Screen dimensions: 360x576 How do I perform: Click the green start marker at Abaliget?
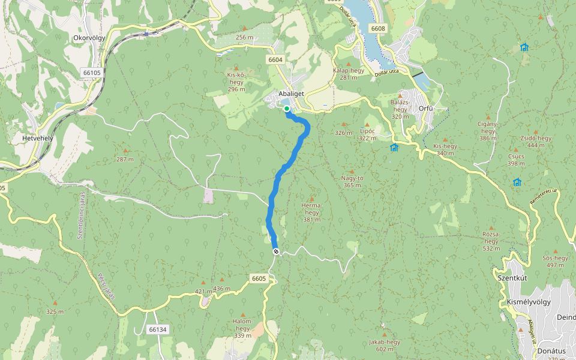287,109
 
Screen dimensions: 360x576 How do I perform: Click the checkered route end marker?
275,251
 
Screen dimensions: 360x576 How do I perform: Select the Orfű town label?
426,109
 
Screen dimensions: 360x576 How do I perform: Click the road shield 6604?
275,60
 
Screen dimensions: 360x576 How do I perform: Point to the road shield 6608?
378,29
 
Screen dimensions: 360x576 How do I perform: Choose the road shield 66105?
92,72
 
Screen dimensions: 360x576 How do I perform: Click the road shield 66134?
157,329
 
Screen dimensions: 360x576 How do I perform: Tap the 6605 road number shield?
259,278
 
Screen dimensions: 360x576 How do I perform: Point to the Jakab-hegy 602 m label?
385,345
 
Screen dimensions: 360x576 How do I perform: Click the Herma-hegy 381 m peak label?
311,212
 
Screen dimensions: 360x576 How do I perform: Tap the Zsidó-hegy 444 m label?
535,142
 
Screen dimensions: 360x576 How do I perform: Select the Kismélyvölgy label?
529,302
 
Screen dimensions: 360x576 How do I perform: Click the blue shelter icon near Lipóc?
394,147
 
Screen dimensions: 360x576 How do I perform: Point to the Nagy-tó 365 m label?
352,181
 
